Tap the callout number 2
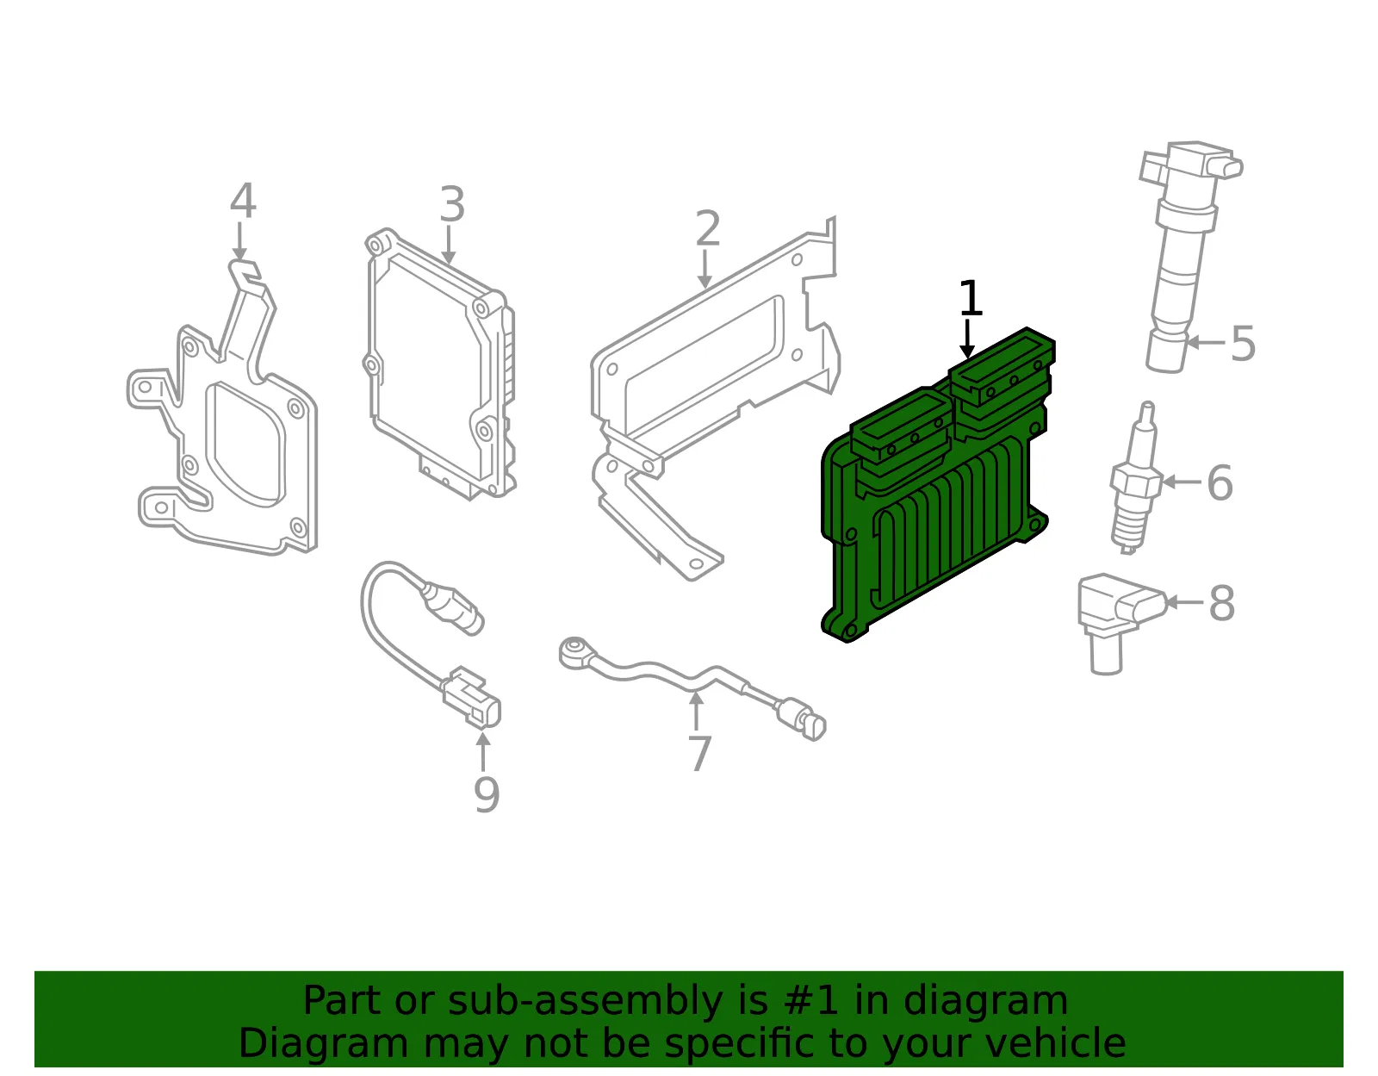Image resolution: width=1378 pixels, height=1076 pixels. coord(708,228)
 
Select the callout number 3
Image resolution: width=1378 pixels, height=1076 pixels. coord(452,205)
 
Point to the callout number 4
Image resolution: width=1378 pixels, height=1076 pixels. coord(243,201)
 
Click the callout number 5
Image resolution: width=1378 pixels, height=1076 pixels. coord(1243,344)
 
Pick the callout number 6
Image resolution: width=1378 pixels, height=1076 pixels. coord(1220,482)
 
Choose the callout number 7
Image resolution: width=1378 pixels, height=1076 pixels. coord(699,754)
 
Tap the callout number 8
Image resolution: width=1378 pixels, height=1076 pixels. coord(1222,603)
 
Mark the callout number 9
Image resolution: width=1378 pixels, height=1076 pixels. coord(487,795)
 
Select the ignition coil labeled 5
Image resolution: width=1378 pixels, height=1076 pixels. coord(1187,257)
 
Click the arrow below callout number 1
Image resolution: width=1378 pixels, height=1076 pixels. coord(967,339)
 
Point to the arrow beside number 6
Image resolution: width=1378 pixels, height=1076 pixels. coord(1182,482)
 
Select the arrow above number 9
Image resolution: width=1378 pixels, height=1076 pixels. coord(483,752)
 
